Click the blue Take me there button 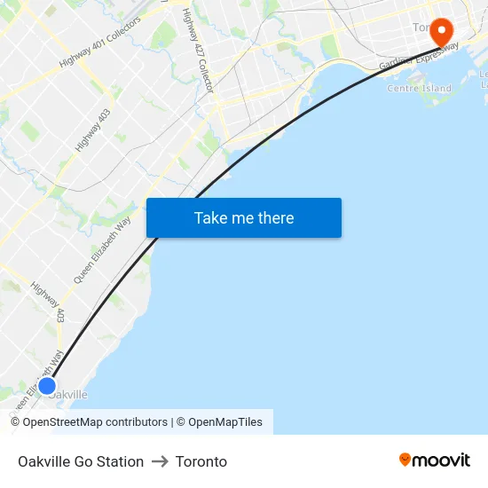pos(244,218)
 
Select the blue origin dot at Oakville pos(47,386)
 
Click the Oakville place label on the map pos(69,395)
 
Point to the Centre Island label pos(419,89)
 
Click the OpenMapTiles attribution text pos(225,422)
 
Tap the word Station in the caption pos(121,461)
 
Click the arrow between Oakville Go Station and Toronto pos(160,461)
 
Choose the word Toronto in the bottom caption pos(201,461)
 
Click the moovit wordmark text pos(441,460)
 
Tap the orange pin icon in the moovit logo pos(405,460)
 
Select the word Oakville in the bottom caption pos(43,461)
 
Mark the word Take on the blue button pos(210,218)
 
